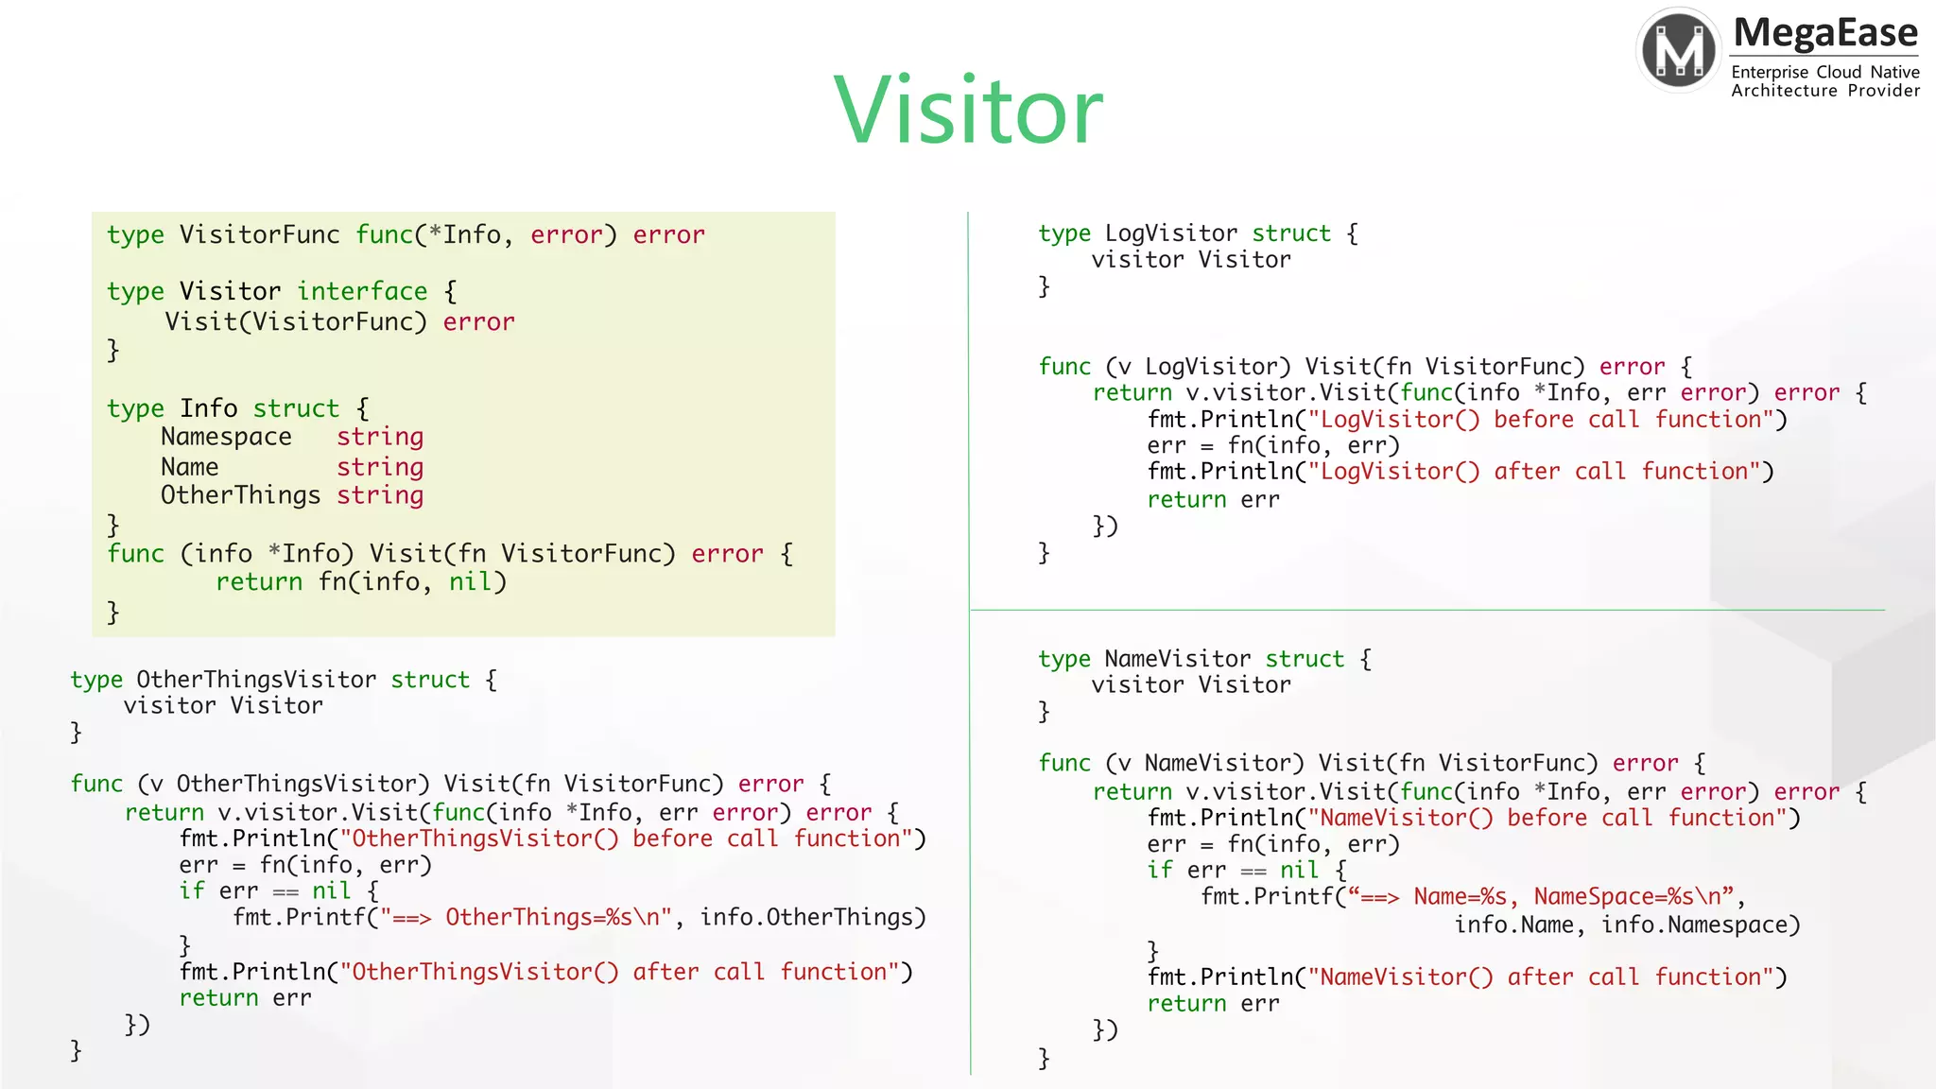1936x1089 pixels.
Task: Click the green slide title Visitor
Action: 968,111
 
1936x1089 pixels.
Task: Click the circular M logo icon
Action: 1679,50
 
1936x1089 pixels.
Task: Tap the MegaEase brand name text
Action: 1825,33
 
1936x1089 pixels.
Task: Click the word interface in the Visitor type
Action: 362,291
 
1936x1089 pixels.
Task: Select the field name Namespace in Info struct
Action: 226,437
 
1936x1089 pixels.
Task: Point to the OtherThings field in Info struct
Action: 240,495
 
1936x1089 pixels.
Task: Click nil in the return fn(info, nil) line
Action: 470,581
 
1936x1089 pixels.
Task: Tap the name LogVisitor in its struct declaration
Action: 1171,233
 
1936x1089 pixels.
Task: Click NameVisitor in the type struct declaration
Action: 1178,659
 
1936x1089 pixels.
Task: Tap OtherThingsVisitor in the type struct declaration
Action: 256,680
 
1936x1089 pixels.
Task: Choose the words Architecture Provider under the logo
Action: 1825,91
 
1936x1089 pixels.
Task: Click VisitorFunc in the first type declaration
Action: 259,234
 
